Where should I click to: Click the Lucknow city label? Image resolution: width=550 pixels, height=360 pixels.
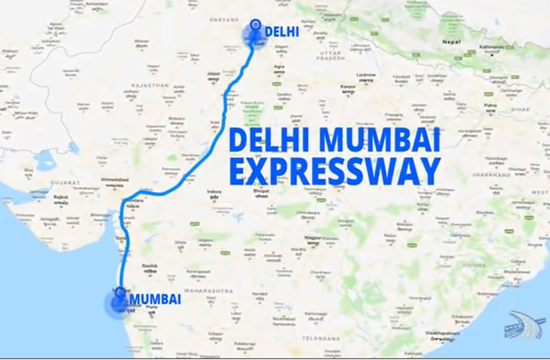point(367,75)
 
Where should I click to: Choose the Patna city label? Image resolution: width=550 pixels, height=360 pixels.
point(489,105)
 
